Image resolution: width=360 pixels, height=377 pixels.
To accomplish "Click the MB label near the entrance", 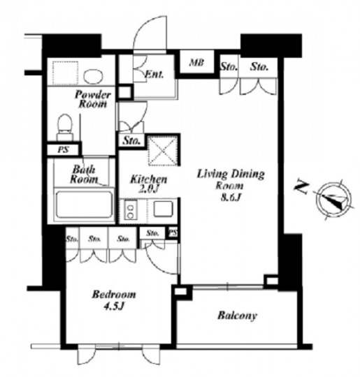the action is pos(196,63).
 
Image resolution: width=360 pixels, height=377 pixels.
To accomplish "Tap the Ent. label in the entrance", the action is pos(154,74).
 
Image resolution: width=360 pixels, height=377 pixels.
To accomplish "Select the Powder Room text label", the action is pos(93,99).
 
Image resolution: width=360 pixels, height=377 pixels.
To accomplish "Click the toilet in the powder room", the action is pos(65,128).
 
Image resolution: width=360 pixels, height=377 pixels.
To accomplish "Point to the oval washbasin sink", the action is pos(93,76).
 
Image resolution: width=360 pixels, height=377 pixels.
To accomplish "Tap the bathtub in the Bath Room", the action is pos(84,205).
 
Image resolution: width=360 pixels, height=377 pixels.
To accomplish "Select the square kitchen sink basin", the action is pos(164,209).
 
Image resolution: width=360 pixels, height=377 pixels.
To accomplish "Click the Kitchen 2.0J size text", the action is pos(149,184).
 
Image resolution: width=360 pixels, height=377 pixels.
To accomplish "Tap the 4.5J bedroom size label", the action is pos(114,306).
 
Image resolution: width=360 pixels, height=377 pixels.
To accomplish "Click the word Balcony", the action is pos(237,316).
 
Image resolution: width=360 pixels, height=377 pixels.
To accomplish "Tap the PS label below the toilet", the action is pos(63,150).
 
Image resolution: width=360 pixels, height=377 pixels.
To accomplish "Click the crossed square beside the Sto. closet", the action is pos(163,151).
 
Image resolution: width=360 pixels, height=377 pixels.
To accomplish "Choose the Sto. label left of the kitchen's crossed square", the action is pos(131,140).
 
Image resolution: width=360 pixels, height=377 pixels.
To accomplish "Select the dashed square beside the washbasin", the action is pos(65,73).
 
